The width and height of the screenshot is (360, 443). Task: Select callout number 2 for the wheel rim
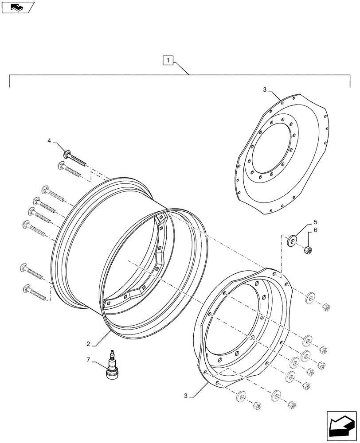click(x=89, y=344)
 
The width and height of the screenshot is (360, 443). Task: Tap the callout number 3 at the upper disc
click(x=264, y=89)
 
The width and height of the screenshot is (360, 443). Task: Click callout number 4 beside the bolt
click(x=50, y=140)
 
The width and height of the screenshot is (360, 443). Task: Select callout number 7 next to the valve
click(x=89, y=361)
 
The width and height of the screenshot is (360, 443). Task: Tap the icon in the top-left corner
click(x=16, y=7)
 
